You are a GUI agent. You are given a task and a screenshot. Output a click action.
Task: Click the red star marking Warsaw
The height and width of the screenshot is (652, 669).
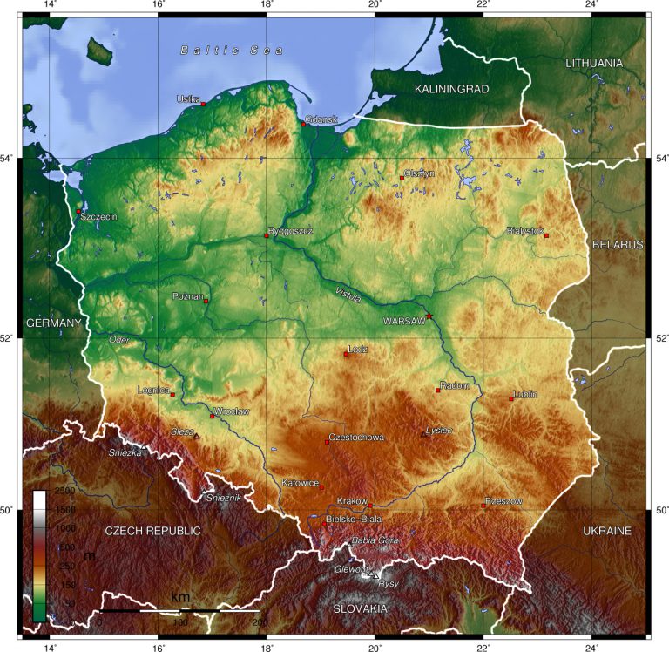click(429, 316)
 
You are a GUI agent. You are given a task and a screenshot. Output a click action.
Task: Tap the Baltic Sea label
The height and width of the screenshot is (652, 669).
click(232, 51)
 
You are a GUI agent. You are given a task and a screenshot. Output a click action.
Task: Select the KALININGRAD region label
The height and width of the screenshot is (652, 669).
click(451, 90)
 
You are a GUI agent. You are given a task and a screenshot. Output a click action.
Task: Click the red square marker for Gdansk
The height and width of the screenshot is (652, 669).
click(304, 124)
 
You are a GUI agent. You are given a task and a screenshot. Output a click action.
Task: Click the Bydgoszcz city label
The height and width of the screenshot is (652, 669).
click(292, 231)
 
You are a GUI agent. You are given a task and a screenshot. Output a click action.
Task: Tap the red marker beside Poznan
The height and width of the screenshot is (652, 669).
click(206, 302)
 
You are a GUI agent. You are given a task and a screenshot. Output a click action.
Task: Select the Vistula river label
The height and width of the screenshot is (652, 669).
click(348, 295)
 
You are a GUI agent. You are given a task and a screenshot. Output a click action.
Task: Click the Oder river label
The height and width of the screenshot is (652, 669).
click(118, 339)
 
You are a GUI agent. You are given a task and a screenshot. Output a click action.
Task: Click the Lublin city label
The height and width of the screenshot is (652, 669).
click(526, 394)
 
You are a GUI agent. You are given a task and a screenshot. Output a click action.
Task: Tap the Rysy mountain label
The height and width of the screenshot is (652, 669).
click(388, 584)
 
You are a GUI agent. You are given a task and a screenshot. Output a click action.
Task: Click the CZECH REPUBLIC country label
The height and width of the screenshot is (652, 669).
click(152, 531)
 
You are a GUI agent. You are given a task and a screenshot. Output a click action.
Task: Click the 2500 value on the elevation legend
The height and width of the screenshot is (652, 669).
click(64, 492)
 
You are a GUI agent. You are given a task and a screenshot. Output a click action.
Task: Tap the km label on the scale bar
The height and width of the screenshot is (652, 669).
click(179, 597)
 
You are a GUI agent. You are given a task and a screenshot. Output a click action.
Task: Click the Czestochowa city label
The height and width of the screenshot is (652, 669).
click(356, 438)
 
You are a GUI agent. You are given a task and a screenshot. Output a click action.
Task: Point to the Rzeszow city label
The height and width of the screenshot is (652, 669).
click(505, 501)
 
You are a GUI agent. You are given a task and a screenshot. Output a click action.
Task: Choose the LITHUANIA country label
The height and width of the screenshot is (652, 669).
click(594, 64)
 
